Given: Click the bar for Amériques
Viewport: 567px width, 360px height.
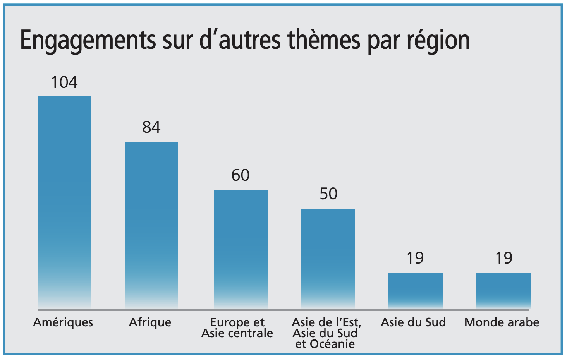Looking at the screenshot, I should pyautogui.click(x=65, y=201).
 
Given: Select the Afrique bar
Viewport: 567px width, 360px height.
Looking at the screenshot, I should pyautogui.click(x=151, y=225).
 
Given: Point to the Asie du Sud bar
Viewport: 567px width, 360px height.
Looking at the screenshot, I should pyautogui.click(x=416, y=290).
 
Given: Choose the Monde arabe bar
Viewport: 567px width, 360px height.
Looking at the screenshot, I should pyautogui.click(x=503, y=290).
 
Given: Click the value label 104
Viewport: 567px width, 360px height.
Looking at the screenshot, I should pyautogui.click(x=64, y=82).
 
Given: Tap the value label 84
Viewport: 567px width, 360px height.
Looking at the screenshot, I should pyautogui.click(x=151, y=127).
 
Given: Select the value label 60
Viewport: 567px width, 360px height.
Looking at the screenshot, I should pyautogui.click(x=241, y=176).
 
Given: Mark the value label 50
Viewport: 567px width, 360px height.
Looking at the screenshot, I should pyautogui.click(x=328, y=194).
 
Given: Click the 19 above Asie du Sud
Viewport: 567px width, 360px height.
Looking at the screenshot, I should pyautogui.click(x=415, y=258).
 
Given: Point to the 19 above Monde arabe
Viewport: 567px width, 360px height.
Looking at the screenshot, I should pyautogui.click(x=504, y=258).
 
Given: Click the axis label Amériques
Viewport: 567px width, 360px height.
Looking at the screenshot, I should pyautogui.click(x=63, y=322).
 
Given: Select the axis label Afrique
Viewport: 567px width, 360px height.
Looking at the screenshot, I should pyautogui.click(x=150, y=322).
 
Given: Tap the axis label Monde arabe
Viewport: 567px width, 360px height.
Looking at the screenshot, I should pyautogui.click(x=502, y=322).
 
